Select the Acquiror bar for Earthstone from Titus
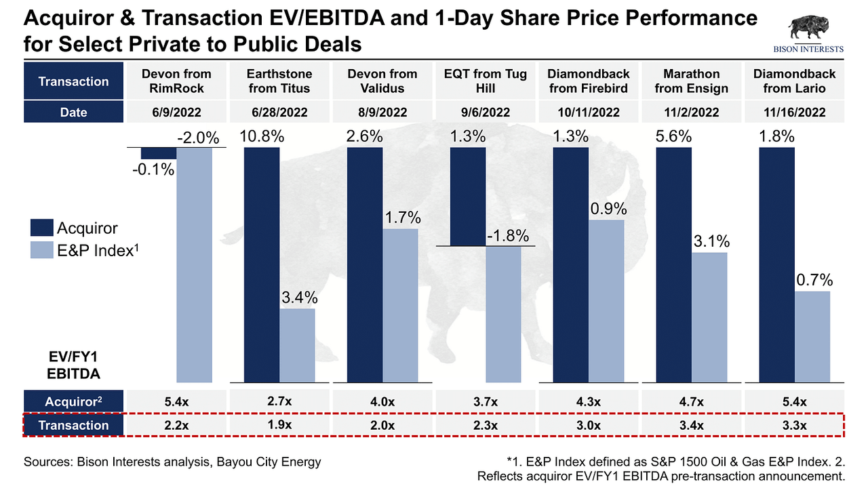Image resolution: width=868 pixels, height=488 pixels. [262, 264]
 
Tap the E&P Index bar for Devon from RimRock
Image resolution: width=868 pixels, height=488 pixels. [194, 264]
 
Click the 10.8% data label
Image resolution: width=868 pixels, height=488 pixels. [262, 136]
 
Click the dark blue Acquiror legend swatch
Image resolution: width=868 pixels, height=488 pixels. [41, 228]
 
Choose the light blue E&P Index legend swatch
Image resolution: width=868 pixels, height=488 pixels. [41, 250]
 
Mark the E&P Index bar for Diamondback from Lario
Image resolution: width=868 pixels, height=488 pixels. [812, 336]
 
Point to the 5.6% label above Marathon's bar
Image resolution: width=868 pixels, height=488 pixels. [675, 136]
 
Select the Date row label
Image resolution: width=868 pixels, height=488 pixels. [73, 112]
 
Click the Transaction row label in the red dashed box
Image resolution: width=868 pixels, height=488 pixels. [73, 426]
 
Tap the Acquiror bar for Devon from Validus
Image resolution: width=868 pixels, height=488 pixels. [365, 264]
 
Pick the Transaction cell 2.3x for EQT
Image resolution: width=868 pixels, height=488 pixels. [485, 426]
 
